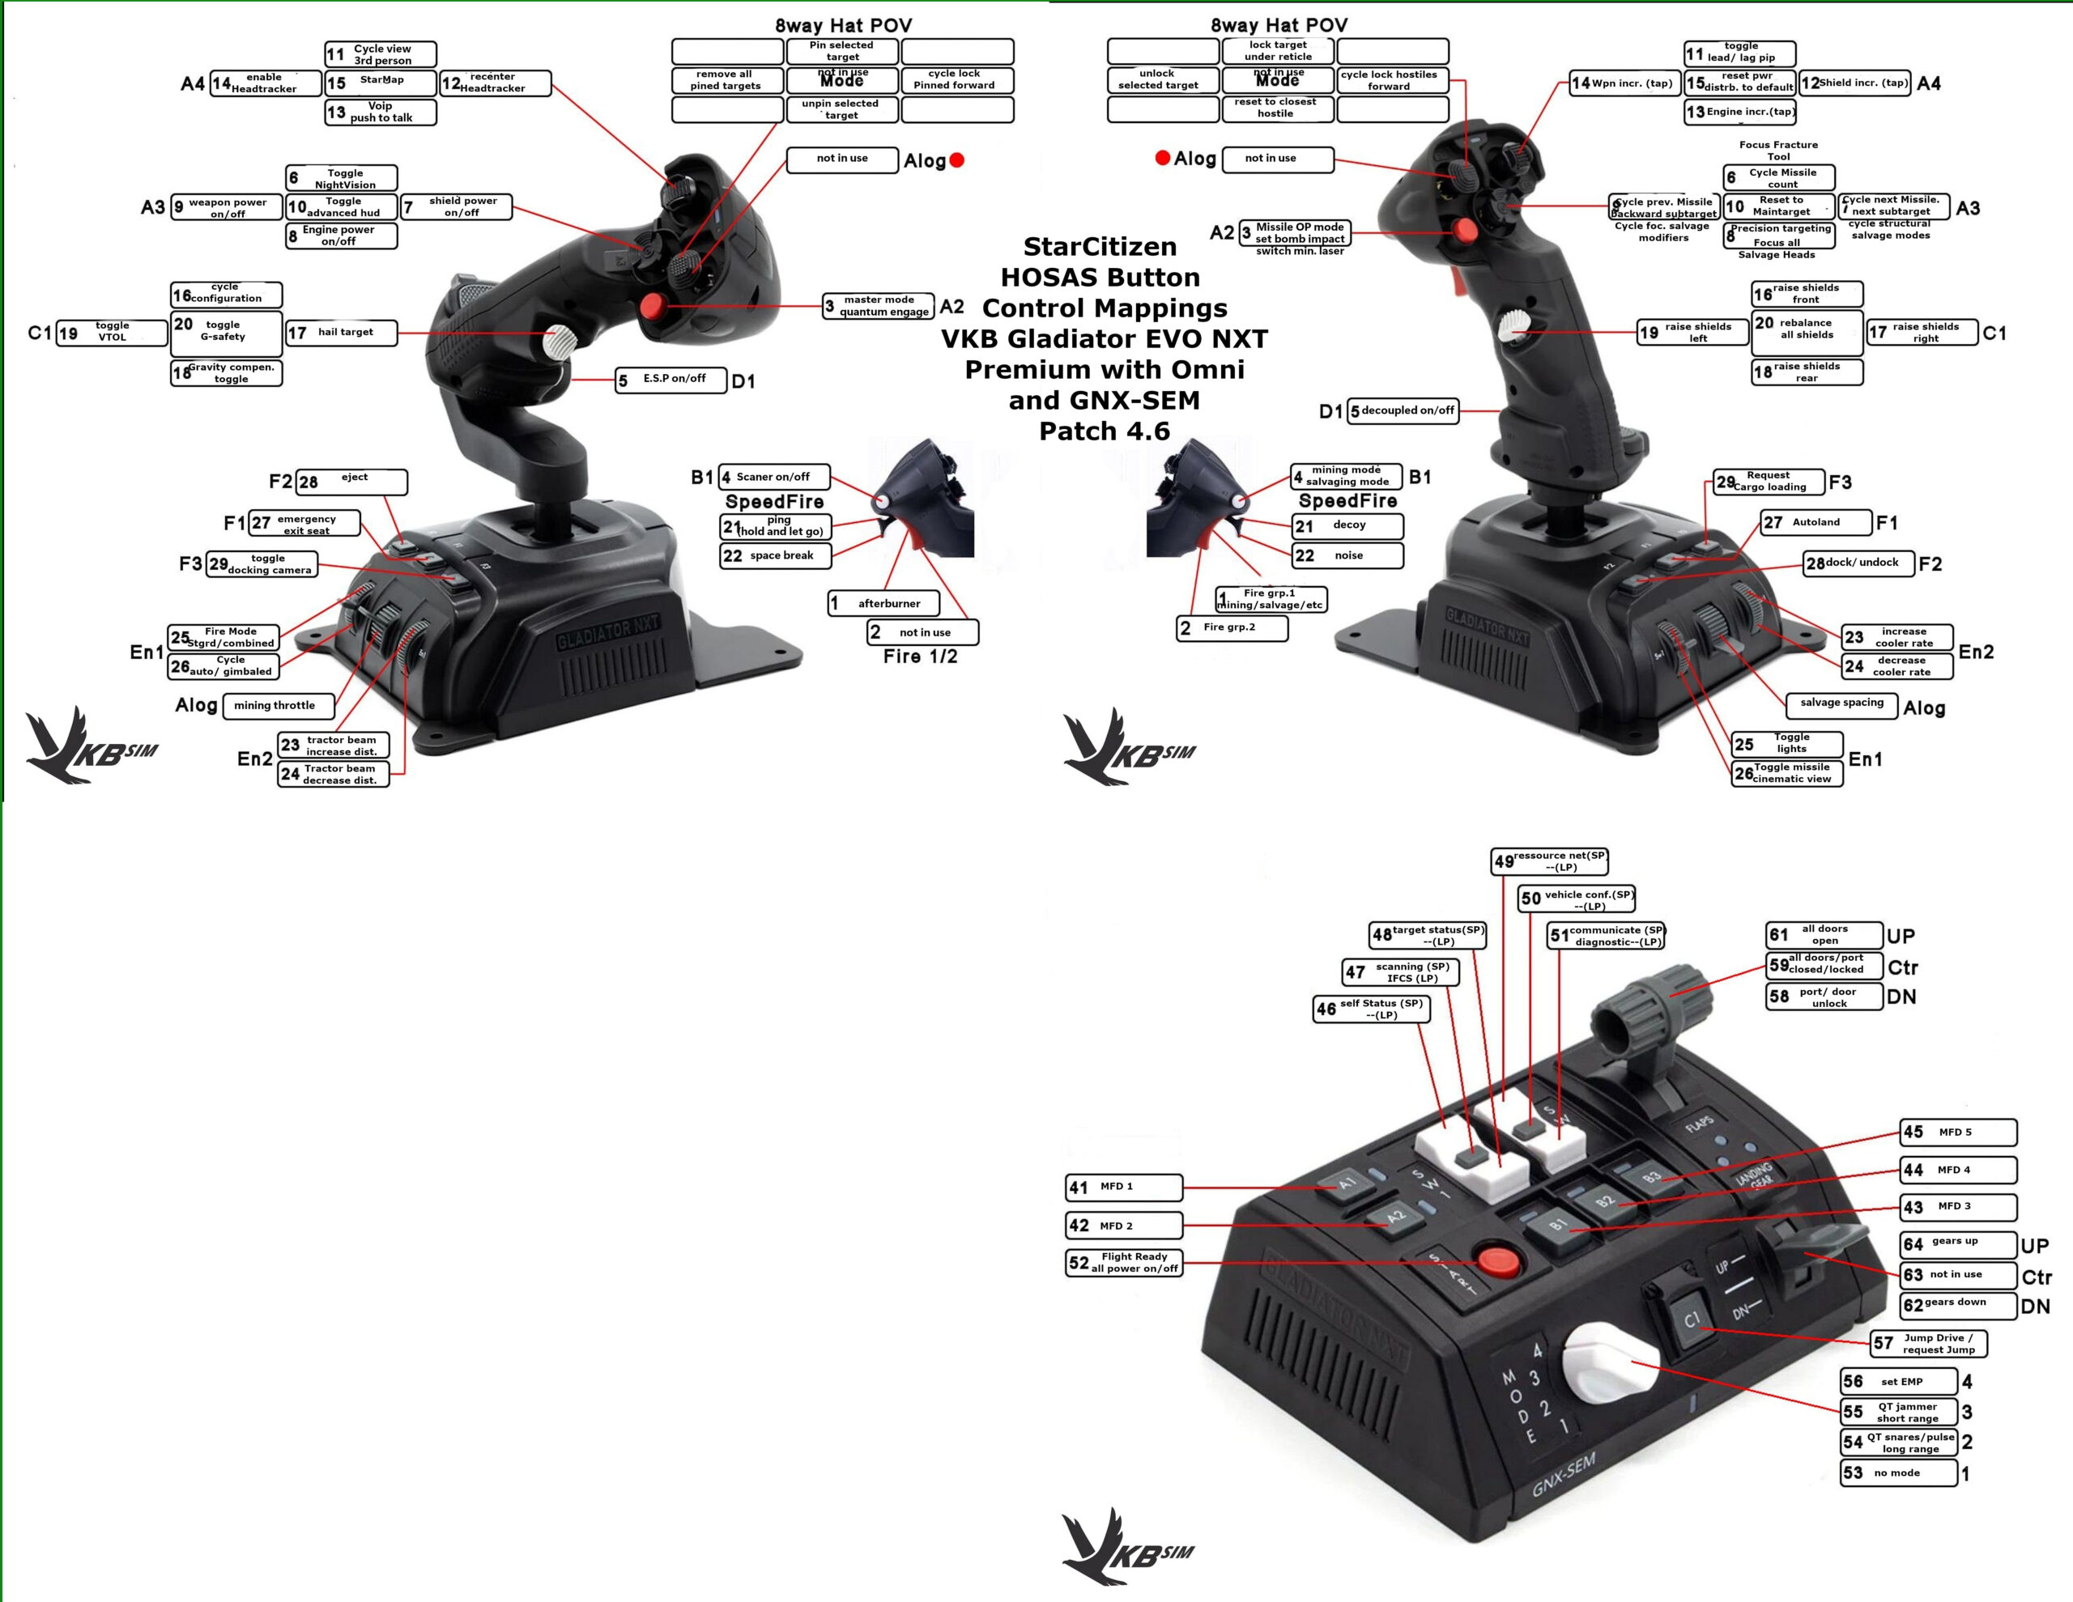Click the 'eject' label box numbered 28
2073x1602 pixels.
(351, 481)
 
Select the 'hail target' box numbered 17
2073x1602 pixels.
(342, 332)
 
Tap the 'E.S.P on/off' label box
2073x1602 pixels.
(671, 380)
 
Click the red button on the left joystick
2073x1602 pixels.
(652, 306)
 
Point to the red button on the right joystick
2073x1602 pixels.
(1466, 230)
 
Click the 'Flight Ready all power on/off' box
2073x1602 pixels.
(1125, 1262)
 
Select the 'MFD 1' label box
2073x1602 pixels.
(1125, 1186)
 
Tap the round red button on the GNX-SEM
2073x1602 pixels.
(1499, 1261)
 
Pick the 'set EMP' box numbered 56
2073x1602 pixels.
(1899, 1382)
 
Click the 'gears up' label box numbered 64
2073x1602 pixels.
(1958, 1243)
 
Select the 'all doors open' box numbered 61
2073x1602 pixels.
(1824, 935)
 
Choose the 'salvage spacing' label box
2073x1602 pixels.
(1841, 704)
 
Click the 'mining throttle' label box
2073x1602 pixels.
(279, 706)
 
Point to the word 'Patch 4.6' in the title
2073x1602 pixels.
(1104, 431)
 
